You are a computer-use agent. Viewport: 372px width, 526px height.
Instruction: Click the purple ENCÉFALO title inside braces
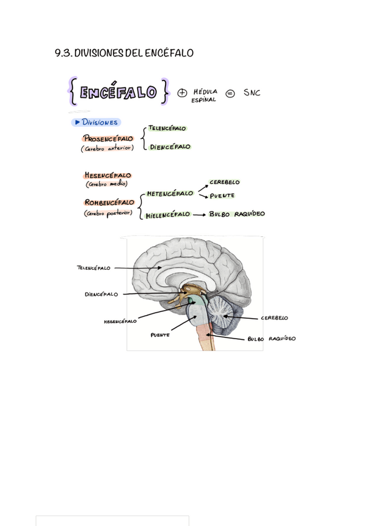click(x=118, y=92)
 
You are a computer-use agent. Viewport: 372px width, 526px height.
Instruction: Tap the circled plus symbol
click(x=182, y=93)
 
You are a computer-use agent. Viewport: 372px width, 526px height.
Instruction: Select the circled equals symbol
click(x=230, y=93)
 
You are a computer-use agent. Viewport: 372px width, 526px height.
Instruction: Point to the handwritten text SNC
click(x=252, y=93)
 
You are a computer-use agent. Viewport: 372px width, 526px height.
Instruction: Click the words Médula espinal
click(x=205, y=96)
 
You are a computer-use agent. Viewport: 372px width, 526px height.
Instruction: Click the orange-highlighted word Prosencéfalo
click(x=108, y=138)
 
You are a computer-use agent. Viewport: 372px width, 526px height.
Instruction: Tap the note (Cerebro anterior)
click(x=108, y=148)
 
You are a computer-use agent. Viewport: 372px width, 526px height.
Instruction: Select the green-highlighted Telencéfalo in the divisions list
click(x=167, y=128)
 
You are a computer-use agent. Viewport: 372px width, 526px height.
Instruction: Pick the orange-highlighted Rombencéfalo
click(x=108, y=202)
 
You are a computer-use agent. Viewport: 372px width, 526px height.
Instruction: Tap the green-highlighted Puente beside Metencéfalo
click(x=222, y=196)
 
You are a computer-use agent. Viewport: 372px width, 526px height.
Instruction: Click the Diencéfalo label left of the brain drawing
click(x=101, y=295)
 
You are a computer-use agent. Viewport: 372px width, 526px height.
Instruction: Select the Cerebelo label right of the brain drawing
click(x=274, y=318)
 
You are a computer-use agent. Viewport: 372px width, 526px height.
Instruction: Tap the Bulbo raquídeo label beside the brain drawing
click(x=272, y=339)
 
